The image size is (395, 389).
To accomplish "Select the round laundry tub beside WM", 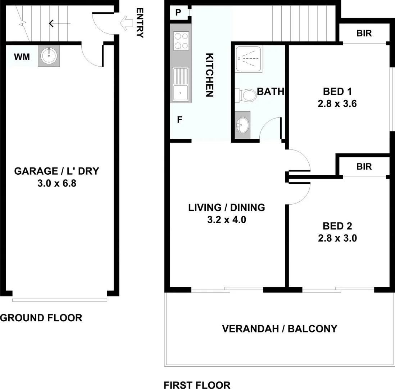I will [x=48, y=56].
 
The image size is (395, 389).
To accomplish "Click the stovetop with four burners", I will [x=181, y=41].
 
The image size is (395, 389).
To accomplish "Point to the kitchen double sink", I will [x=181, y=84].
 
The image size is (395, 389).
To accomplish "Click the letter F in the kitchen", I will [x=179, y=120].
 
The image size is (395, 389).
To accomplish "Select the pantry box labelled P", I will [x=178, y=13].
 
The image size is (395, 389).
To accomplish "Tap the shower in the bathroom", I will [x=249, y=58].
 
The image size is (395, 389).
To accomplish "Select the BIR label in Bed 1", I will [x=364, y=33].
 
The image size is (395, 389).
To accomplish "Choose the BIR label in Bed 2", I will [x=364, y=166].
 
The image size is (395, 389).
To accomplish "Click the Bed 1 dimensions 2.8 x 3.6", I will [x=337, y=104].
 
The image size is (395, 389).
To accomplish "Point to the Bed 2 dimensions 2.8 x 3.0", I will [x=337, y=238].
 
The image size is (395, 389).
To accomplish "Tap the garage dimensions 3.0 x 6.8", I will [x=56, y=184].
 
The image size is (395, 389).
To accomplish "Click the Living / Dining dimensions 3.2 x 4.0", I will [x=227, y=220].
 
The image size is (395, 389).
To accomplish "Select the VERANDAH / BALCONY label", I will [x=280, y=328].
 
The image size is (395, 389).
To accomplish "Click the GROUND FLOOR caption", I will [x=41, y=318].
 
